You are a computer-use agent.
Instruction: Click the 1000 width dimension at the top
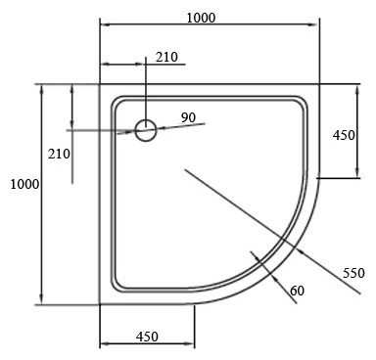(201, 18)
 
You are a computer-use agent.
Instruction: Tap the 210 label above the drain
(166, 58)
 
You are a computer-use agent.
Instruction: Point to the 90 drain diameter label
(188, 117)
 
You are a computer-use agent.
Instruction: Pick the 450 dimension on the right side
(344, 135)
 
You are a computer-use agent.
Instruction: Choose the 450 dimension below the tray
(147, 337)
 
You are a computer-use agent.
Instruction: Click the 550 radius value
(353, 273)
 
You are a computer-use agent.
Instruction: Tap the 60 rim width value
(297, 291)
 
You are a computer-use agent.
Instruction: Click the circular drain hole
(146, 130)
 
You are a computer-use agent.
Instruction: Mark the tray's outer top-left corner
(101, 85)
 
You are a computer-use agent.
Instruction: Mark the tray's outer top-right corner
(320, 85)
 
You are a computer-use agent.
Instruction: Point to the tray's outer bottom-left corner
(101, 304)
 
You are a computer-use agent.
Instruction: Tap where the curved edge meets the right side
(320, 179)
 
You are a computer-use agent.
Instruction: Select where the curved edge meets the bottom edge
(195, 304)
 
